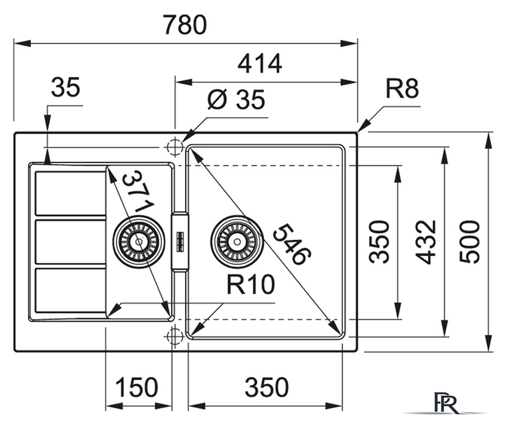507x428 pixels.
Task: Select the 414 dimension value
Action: tap(259, 64)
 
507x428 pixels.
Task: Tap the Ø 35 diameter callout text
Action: tap(236, 100)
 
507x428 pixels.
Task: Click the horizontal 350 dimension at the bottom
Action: tap(266, 387)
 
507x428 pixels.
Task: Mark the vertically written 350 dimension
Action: tap(380, 241)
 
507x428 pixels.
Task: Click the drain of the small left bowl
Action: tap(139, 241)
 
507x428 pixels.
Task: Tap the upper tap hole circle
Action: tap(174, 146)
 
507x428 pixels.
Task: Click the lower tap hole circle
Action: tap(174, 336)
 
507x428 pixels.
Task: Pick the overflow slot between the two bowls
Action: tap(179, 241)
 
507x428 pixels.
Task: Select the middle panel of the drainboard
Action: tap(70, 241)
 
